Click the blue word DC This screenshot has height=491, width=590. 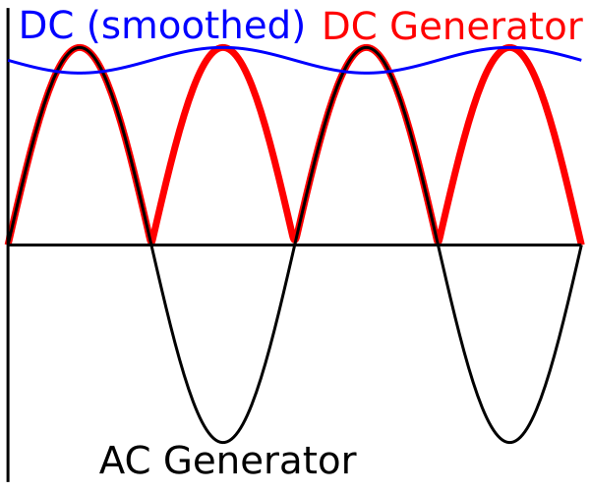click(x=45, y=27)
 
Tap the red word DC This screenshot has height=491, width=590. click(x=349, y=27)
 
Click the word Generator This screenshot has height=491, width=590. click(x=488, y=27)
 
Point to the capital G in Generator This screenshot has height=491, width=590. click(x=405, y=27)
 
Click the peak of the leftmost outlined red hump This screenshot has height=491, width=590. click(x=81, y=46)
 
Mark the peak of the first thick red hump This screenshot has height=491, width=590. click(x=223, y=48)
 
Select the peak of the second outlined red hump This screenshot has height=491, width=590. click(x=366, y=46)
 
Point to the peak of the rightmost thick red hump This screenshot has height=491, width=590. click(x=509, y=48)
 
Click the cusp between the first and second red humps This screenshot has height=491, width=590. click(x=152, y=240)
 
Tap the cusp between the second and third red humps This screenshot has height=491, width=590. click(x=295, y=240)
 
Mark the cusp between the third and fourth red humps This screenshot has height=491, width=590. click(x=439, y=240)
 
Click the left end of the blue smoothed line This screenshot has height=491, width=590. click(x=10, y=61)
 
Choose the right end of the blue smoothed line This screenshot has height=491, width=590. click(x=580, y=60)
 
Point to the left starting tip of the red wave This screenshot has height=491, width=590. click(x=6, y=241)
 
